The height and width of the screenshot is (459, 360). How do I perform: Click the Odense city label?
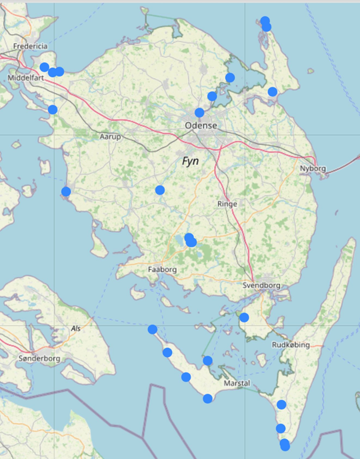[201, 125]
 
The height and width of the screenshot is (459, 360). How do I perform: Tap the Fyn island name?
[190, 161]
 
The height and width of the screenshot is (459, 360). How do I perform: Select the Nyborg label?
[313, 168]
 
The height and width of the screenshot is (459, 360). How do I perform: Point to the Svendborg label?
[261, 285]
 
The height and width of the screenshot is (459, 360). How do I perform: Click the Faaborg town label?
[162, 269]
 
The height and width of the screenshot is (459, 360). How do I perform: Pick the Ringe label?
[227, 204]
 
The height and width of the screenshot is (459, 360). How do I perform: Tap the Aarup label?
[110, 136]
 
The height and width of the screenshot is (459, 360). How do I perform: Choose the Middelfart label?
[26, 78]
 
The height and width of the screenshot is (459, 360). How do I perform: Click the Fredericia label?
[30, 46]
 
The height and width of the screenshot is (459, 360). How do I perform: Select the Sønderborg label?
[39, 358]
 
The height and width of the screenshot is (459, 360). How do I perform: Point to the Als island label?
[76, 328]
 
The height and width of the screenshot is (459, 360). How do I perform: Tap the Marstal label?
[237, 383]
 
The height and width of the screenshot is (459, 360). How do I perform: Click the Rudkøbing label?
[291, 345]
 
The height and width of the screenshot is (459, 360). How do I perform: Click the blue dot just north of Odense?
[199, 112]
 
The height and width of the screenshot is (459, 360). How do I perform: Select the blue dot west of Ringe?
[160, 190]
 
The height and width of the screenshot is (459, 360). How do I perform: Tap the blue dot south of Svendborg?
[244, 317]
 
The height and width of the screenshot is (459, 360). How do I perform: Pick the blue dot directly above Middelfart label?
[44, 67]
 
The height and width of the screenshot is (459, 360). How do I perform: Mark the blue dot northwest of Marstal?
[208, 361]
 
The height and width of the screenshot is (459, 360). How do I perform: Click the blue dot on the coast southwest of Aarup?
[66, 191]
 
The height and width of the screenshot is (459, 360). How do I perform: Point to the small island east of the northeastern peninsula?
[311, 71]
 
